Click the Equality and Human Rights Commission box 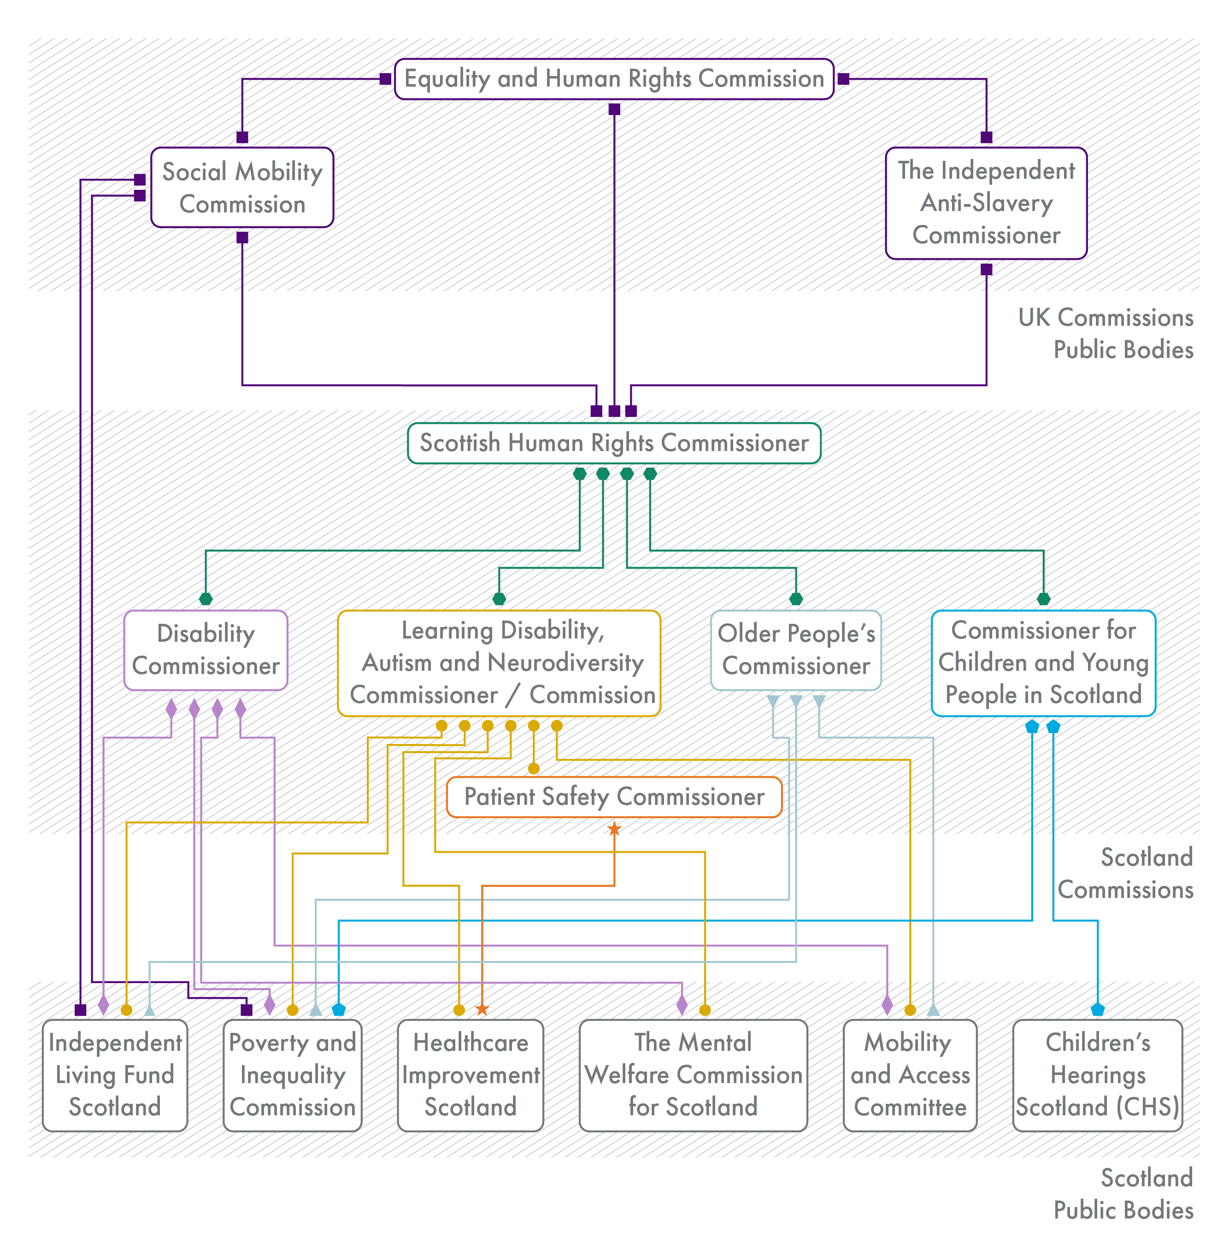614,79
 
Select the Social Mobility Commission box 242,187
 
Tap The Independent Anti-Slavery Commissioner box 986,203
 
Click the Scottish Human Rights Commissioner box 614,443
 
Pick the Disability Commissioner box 205,650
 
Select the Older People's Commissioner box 795,650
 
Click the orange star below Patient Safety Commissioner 614,829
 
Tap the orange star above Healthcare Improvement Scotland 482,1008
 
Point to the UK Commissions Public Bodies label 1105,334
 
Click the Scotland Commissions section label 1124,873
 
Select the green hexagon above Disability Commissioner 205,599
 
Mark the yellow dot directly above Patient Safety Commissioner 533,768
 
